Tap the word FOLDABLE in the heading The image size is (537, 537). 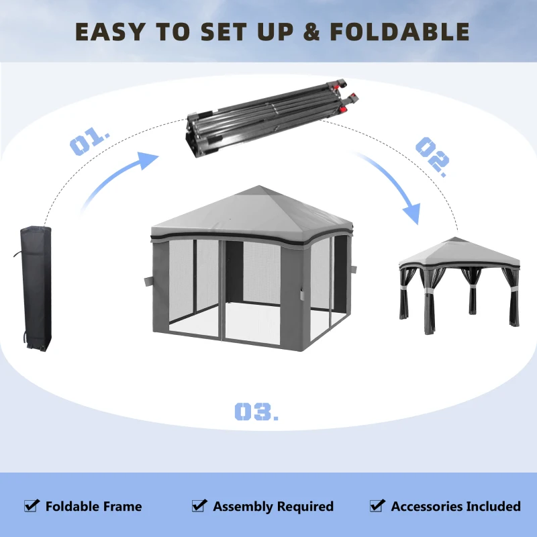coord(399,32)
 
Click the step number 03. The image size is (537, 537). coord(256,411)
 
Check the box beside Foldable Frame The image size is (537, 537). coord(32,505)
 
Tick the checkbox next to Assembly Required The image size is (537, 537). coord(199,505)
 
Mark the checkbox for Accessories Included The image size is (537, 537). coord(377,505)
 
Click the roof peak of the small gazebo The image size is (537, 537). coord(460,239)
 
